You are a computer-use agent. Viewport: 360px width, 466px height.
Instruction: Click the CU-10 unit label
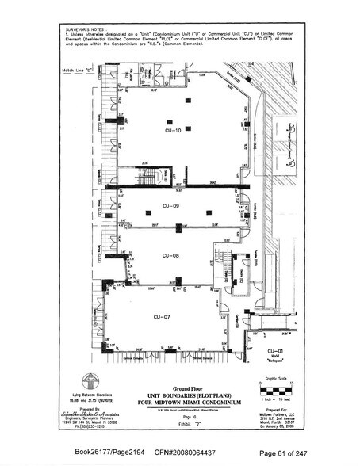tap(174, 129)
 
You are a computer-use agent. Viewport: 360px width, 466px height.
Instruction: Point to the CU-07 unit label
tap(162, 316)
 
